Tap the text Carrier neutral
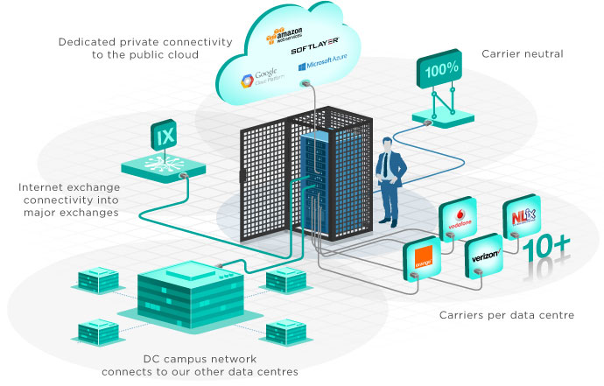click(x=523, y=53)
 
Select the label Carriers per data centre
click(x=505, y=314)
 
